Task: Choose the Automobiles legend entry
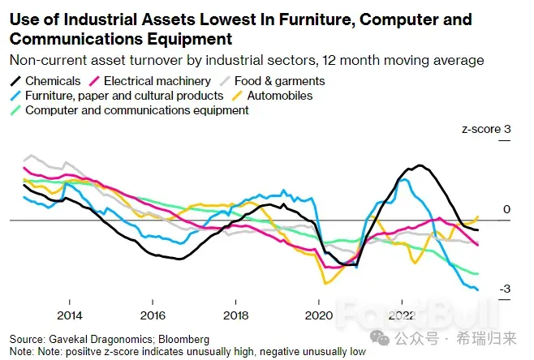pos(279,95)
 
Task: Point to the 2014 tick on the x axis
pos(69,315)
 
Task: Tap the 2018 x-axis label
pos(235,315)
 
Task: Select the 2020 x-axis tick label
pos(318,315)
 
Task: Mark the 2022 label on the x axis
pos(401,315)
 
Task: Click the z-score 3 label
pos(486,129)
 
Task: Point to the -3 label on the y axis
pos(504,289)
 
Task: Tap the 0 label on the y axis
pos(506,209)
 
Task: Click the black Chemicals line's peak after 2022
pos(419,166)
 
